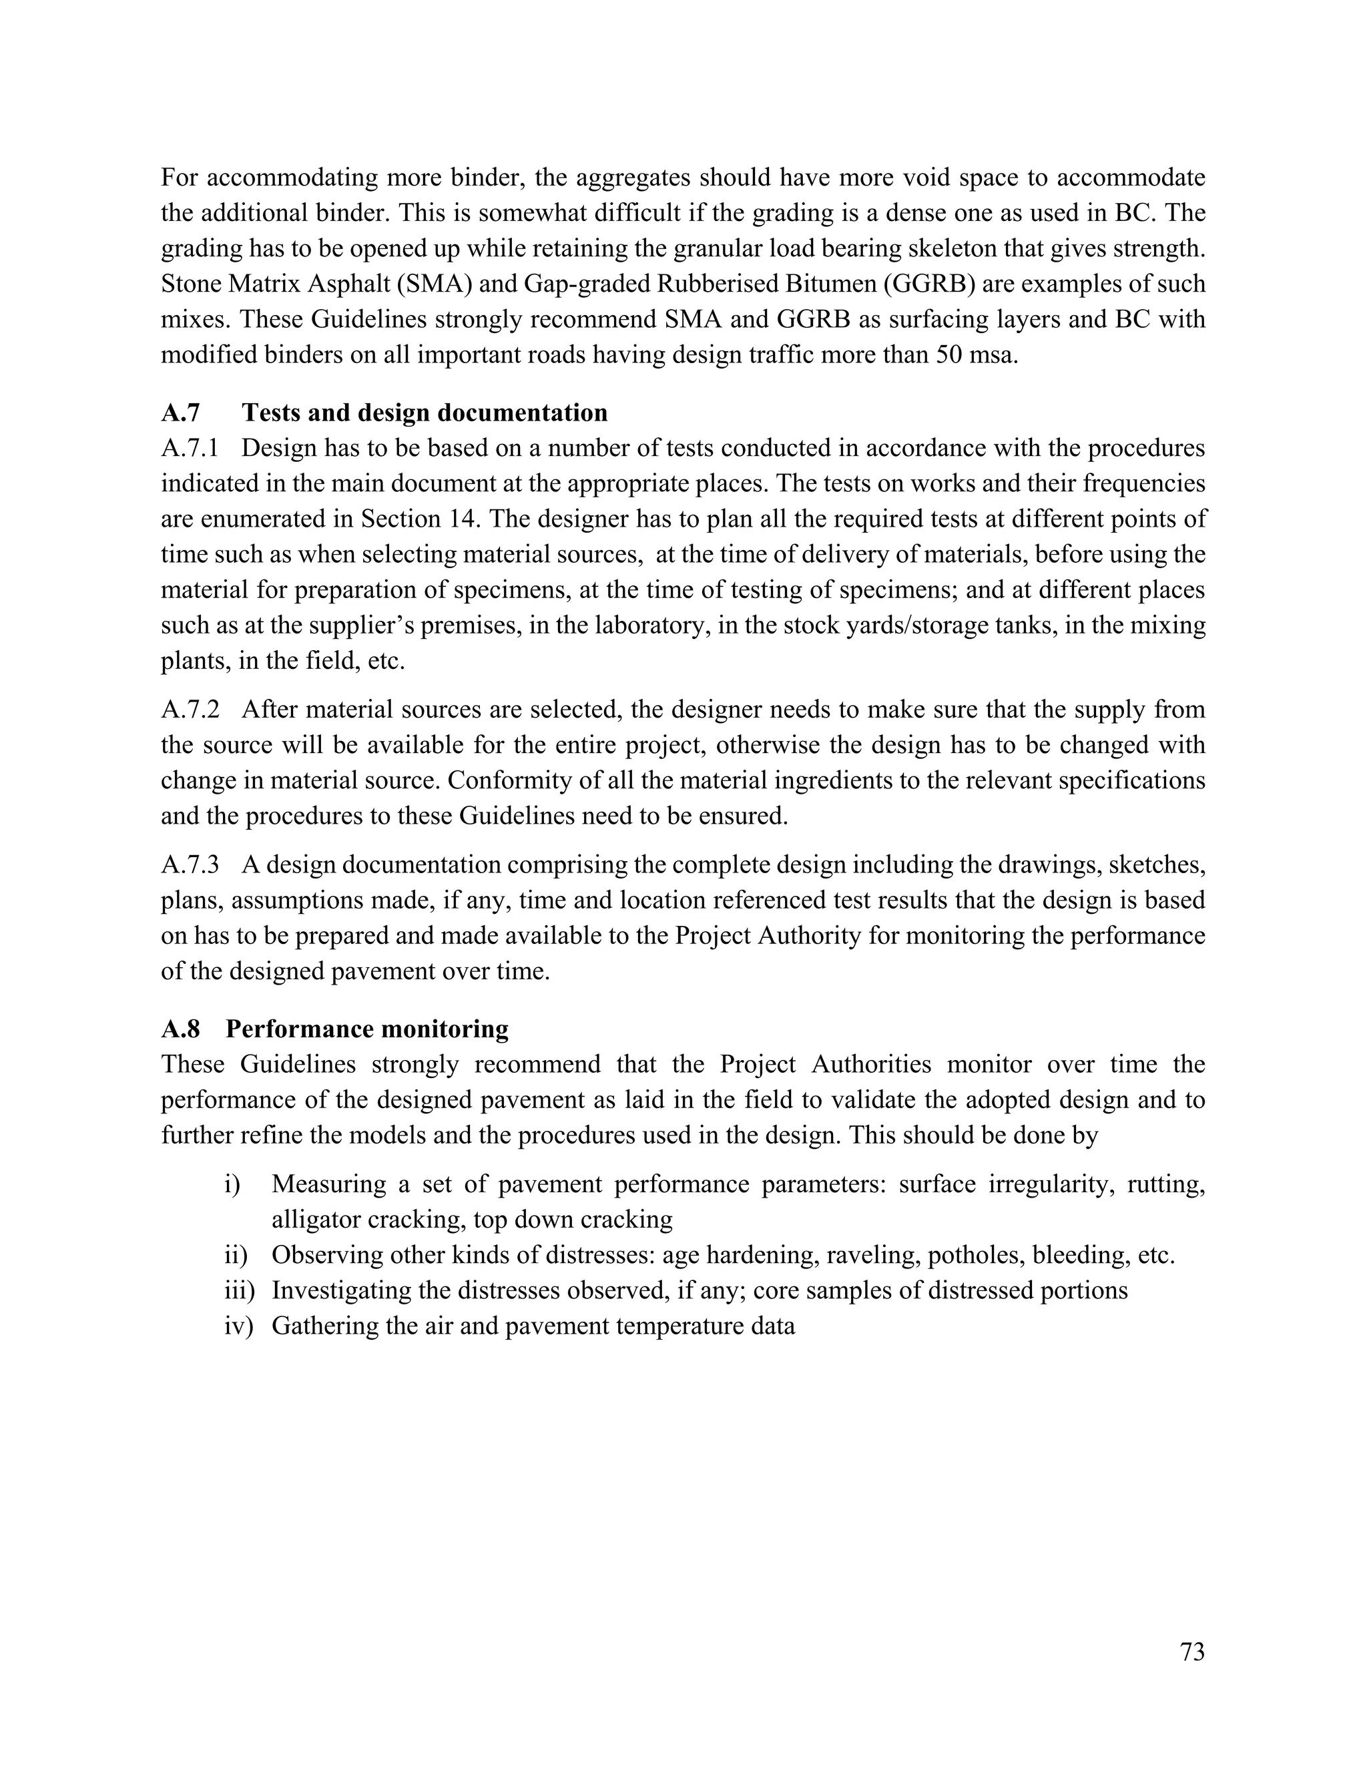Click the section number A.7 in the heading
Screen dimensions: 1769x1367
coord(180,413)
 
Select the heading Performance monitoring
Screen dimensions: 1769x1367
coord(367,1029)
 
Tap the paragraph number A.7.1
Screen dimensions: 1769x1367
coord(190,448)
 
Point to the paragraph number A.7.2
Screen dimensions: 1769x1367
coord(190,710)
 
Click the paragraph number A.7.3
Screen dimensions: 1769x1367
coord(190,864)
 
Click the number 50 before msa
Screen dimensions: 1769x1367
coord(950,354)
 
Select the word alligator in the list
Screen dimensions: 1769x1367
coord(316,1219)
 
